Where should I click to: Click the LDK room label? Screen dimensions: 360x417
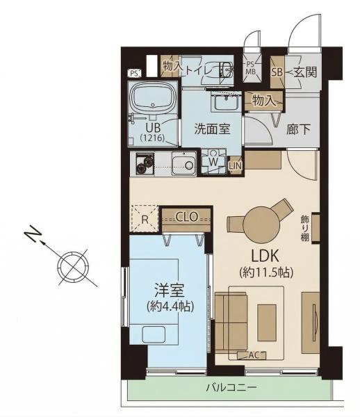(265, 256)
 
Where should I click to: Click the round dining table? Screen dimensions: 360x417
(261, 223)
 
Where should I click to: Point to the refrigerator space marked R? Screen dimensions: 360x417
(145, 219)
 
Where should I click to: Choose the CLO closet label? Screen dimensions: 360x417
(187, 217)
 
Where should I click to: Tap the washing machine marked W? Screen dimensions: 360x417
(213, 161)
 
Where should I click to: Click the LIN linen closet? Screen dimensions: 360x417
(235, 166)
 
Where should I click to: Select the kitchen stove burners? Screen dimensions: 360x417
(145, 163)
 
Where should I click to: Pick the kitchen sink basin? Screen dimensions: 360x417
(183, 163)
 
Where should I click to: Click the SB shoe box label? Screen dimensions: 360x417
(277, 72)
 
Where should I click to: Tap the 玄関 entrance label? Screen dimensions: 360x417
(305, 72)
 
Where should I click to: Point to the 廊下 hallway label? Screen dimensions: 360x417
(298, 129)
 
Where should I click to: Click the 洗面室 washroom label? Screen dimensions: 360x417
(212, 129)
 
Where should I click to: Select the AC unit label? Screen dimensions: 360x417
(253, 354)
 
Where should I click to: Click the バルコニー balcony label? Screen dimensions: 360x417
(231, 387)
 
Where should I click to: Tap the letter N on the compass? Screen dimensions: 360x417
(33, 234)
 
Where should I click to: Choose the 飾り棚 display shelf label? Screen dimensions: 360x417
(305, 228)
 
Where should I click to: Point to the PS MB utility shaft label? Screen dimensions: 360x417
(250, 68)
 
